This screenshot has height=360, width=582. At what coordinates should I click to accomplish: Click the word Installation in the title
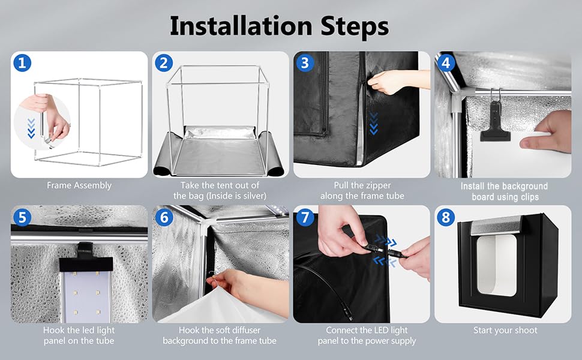click(x=241, y=26)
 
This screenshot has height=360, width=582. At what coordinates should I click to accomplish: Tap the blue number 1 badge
click(x=22, y=63)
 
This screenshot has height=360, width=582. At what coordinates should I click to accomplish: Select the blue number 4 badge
click(x=446, y=63)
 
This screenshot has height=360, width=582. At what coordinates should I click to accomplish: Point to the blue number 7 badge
click(x=305, y=217)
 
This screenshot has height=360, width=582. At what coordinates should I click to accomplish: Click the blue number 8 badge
click(x=446, y=217)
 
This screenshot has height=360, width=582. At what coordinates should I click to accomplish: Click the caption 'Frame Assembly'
click(x=79, y=185)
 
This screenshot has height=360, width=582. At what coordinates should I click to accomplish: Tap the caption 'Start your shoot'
click(x=505, y=331)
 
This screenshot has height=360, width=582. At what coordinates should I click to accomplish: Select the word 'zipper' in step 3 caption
click(x=377, y=185)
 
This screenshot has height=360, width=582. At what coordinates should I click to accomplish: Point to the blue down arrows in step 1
click(x=31, y=128)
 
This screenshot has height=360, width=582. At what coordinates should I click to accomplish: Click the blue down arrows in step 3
click(x=373, y=124)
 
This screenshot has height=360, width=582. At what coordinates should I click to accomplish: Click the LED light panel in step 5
click(x=86, y=296)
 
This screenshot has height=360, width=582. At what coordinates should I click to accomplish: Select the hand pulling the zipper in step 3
click(x=395, y=82)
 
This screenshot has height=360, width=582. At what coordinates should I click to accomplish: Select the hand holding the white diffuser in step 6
click(x=248, y=289)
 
